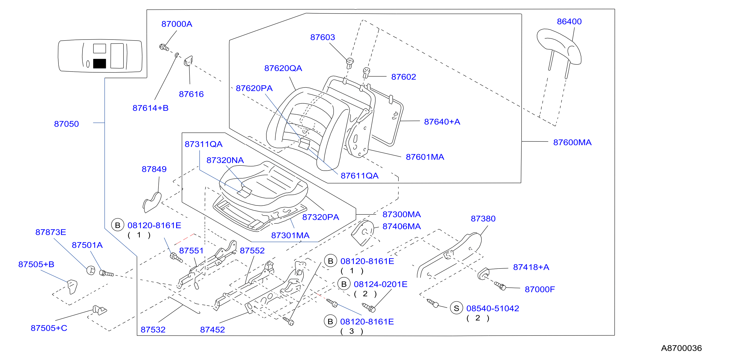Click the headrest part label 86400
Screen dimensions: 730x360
[569, 22]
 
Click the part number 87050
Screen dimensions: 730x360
[66, 124]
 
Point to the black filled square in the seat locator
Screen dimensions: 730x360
[99, 64]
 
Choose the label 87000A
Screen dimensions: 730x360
[177, 24]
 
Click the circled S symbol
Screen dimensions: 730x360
[456, 308]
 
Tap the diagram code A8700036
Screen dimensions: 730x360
[681, 348]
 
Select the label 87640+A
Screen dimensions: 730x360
[442, 122]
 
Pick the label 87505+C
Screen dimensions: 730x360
[49, 328]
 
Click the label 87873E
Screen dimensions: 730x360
[51, 232]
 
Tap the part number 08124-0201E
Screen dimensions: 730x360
[381, 284]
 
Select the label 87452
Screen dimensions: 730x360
[212, 330]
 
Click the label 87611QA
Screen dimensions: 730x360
[359, 176]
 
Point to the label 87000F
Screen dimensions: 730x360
[540, 289]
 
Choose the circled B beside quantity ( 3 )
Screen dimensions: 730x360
[330, 321]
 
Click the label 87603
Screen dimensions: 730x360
[322, 37]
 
